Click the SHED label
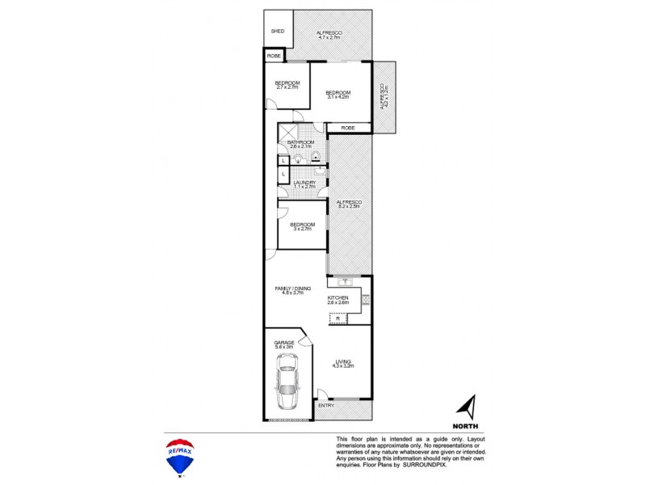(x=277, y=32)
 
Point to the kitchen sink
(x=345, y=282)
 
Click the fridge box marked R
(x=338, y=318)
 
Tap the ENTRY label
(x=325, y=405)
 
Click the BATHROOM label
(x=300, y=144)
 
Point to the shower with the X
(x=287, y=132)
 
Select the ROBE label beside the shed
(x=274, y=56)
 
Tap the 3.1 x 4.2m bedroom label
(x=338, y=95)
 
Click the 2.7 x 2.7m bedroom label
(x=287, y=84)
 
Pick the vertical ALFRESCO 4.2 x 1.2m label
(x=384, y=98)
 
